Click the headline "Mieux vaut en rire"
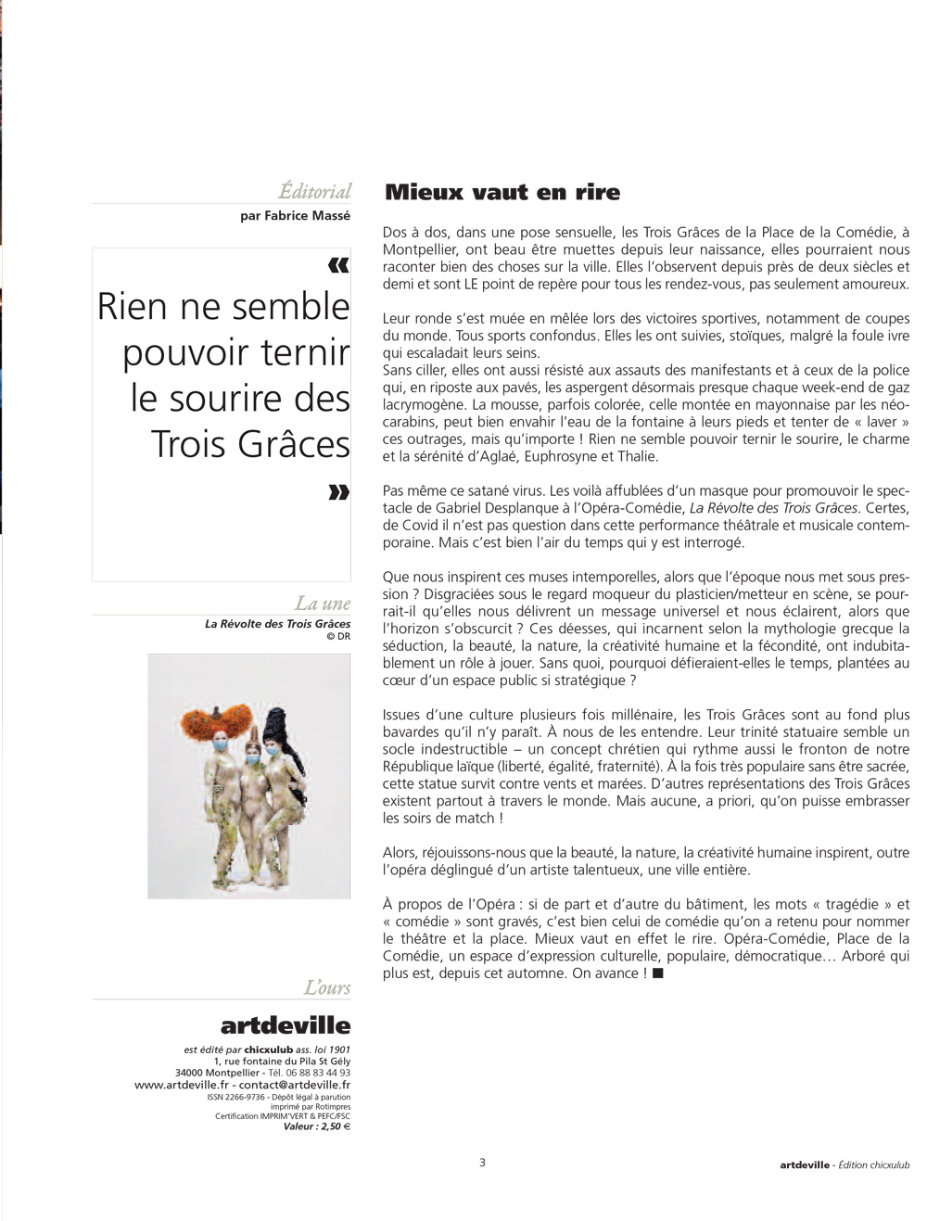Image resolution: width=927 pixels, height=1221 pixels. (502, 193)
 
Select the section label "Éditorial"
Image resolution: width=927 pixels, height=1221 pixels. (315, 191)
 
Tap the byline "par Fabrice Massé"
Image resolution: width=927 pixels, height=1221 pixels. (295, 216)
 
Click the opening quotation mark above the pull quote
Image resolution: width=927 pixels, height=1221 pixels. (339, 266)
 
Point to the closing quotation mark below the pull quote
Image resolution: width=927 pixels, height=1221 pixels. (339, 492)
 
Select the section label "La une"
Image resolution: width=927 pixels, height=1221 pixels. (323, 604)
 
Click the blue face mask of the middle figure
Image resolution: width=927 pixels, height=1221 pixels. (253, 760)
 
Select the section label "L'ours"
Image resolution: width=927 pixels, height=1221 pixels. (327, 987)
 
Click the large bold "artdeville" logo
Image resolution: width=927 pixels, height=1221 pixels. (286, 1025)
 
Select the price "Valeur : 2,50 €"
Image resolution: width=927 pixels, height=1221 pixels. (317, 1126)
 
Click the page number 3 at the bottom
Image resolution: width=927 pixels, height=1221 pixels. (482, 1163)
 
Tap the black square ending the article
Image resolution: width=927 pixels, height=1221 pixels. (658, 973)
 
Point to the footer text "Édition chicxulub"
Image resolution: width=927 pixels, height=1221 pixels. (874, 1165)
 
